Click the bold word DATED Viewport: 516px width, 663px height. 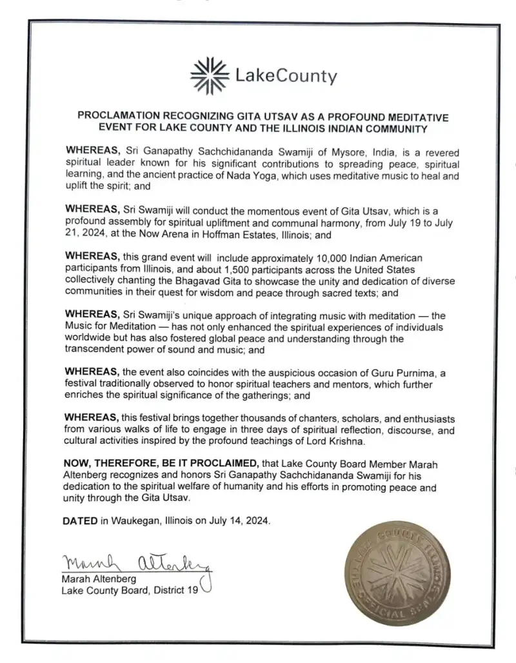click(80, 520)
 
